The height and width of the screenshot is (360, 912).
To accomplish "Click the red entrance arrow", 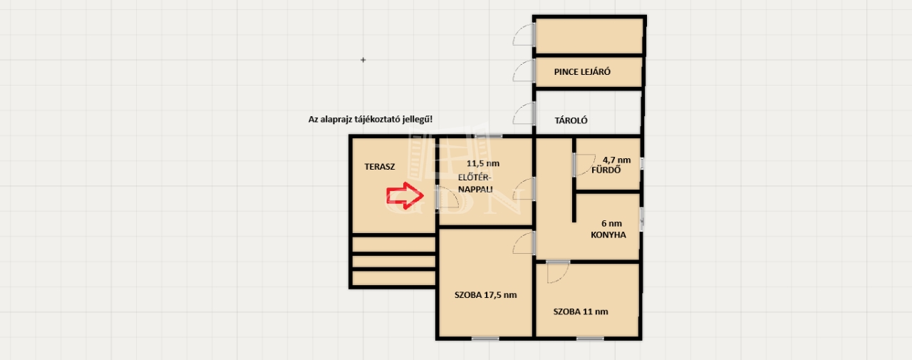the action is pos(405,195).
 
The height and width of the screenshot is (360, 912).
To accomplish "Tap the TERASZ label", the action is pos(380,167).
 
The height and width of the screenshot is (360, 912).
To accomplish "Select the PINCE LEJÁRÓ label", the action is pos(582,72).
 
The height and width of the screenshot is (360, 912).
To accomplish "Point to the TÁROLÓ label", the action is pos(571,120).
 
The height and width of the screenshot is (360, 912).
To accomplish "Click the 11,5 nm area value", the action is pos(483,164).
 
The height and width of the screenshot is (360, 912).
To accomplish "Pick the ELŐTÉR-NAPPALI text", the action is pos(475,184).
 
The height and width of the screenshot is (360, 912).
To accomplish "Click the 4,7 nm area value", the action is pos(616,160).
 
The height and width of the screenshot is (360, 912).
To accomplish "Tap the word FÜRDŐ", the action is pos(606,170).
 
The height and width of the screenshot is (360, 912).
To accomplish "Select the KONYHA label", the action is pos(608,235).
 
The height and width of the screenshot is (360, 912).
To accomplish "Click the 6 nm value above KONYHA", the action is pos(611,224).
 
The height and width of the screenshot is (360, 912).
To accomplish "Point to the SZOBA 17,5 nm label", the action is pos(486,295).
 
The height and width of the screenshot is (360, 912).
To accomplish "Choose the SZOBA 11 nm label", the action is pos(581,312).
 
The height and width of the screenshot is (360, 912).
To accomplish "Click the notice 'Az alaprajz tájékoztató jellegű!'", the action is pos(370,120).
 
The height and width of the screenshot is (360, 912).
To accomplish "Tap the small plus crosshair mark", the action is pos(363,60).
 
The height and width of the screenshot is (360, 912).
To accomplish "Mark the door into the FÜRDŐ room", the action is pos(584,165).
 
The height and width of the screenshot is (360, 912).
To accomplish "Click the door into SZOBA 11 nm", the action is pos(558,272).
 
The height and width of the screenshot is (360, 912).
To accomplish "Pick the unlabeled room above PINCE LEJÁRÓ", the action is pos(589,36).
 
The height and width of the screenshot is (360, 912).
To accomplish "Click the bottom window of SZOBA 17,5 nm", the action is pos(486,339).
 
